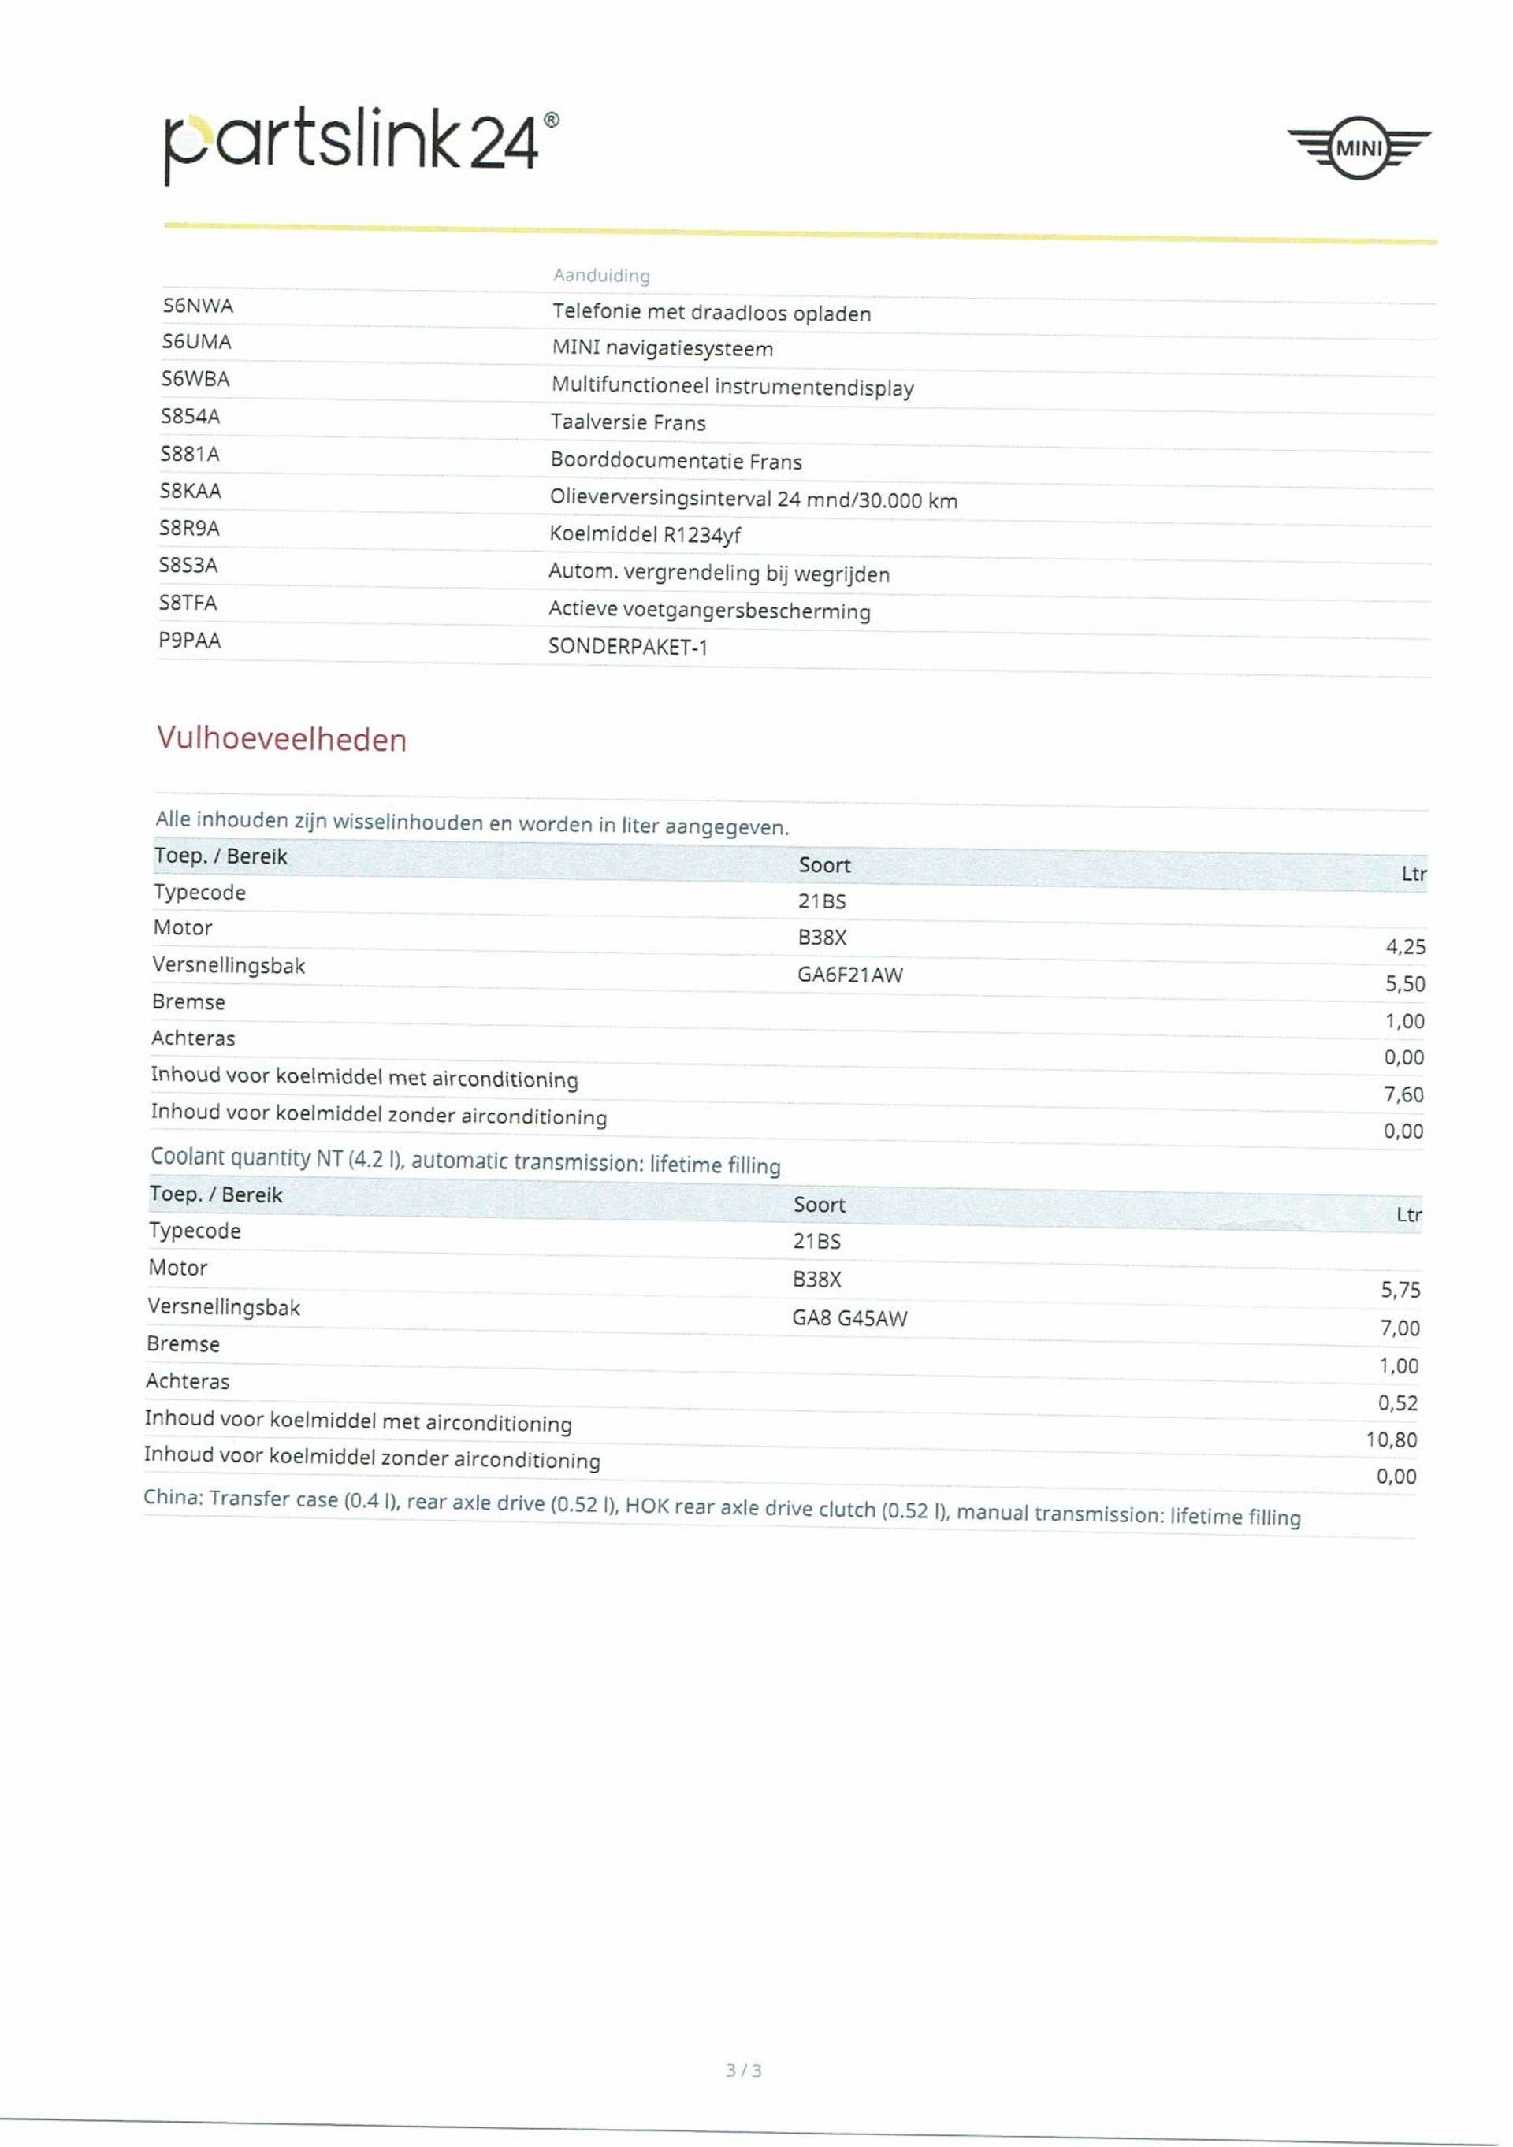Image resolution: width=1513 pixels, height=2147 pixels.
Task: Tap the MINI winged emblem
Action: [1358, 148]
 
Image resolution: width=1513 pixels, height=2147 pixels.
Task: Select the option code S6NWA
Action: [197, 306]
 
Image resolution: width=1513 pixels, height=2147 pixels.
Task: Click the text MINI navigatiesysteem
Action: [662, 349]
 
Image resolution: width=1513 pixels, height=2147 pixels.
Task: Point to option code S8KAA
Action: [190, 491]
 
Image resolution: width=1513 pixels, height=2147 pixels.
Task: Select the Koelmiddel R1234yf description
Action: [645, 535]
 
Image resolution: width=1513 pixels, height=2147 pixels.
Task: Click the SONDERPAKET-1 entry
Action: [627, 646]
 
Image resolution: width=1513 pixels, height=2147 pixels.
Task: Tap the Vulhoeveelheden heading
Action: [281, 739]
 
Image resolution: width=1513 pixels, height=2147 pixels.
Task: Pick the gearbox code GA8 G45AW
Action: [849, 1317]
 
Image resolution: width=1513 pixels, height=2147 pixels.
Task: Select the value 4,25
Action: [1404, 946]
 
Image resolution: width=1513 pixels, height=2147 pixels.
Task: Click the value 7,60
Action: [1403, 1094]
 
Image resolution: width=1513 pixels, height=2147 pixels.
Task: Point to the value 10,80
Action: [1391, 1439]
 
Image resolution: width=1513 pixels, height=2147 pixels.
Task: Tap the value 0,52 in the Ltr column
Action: [1397, 1402]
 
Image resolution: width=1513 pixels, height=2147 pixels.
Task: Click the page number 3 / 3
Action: [743, 2071]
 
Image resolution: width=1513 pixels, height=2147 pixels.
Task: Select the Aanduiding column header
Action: [601, 275]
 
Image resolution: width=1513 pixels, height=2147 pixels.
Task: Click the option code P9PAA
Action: [190, 641]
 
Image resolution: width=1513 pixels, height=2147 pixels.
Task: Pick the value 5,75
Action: [1400, 1290]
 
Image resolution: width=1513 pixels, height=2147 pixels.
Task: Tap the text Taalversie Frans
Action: [627, 422]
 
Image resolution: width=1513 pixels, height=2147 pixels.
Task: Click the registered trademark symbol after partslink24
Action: [551, 120]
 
